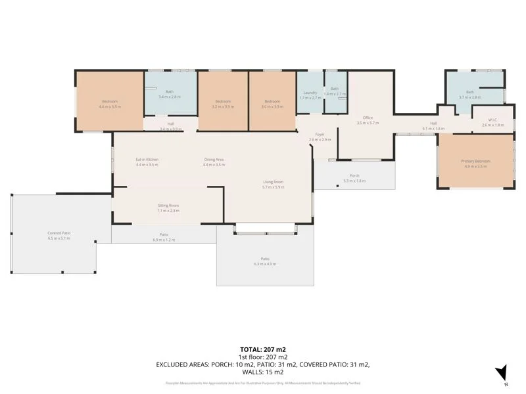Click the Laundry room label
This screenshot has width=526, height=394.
pos(310,95)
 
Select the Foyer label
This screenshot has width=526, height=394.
pos(320,137)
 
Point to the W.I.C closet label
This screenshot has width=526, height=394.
pos(492,122)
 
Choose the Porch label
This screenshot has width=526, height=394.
pos(354,178)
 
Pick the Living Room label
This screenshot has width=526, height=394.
pos(273,184)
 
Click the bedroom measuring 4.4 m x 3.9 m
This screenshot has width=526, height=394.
pos(109,103)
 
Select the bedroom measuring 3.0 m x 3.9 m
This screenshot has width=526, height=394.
pos(273,103)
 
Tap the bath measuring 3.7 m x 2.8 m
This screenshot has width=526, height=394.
pos(470,94)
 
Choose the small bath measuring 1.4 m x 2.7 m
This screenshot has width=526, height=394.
pos(335,91)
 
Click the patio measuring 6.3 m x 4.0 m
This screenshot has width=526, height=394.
pos(265,261)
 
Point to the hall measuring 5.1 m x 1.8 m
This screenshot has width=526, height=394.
pos(433,125)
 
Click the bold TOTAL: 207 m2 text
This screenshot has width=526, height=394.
pos(263,349)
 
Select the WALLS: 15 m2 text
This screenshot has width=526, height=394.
pos(263,371)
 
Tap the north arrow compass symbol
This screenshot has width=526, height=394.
pos(501,372)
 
